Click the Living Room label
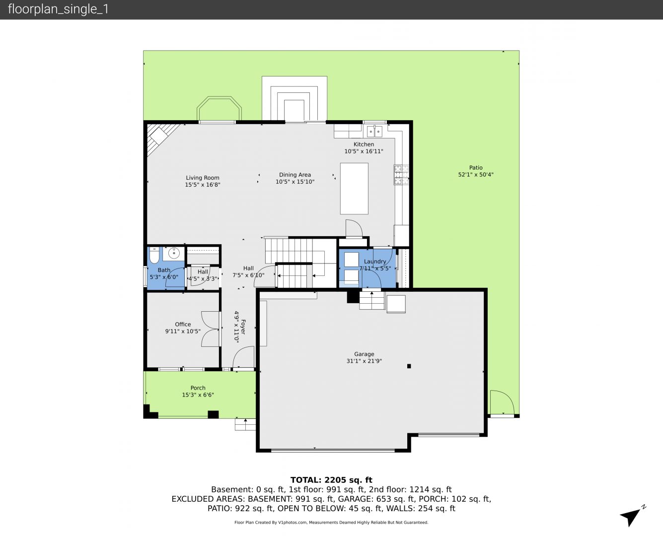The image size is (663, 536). click(x=202, y=178)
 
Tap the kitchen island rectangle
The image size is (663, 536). click(x=354, y=189)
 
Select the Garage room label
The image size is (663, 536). click(x=364, y=354)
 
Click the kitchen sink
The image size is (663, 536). click(x=374, y=132)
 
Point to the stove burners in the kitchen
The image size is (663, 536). click(x=401, y=175)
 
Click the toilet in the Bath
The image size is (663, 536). click(x=154, y=255)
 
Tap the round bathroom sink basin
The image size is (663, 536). click(x=173, y=254)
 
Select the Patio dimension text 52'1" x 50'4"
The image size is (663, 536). click(x=476, y=175)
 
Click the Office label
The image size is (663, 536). click(x=183, y=324)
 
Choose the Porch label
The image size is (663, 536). click(x=198, y=388)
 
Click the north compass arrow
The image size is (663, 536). click(x=630, y=517)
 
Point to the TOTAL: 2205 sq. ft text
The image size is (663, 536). click(x=331, y=480)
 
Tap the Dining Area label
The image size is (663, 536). click(x=295, y=175)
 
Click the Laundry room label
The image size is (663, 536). click(x=375, y=262)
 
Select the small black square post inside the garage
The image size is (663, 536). click(x=409, y=366)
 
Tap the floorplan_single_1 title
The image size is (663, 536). click(x=58, y=9)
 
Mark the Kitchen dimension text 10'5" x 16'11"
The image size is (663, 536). click(x=364, y=151)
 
